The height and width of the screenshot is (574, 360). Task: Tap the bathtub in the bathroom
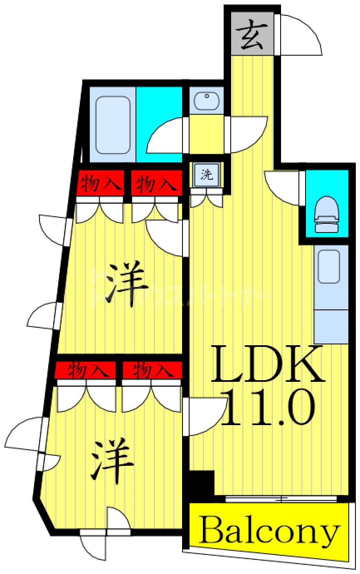[x=113, y=125]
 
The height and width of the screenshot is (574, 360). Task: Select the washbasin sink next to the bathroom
[x=207, y=100]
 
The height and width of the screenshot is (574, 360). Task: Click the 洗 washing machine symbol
[x=207, y=175]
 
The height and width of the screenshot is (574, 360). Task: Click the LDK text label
[x=268, y=364]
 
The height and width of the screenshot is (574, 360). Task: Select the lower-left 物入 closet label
[x=86, y=369]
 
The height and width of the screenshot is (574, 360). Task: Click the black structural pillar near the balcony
[x=201, y=482]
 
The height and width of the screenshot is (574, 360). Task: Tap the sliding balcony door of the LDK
[x=281, y=498]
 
